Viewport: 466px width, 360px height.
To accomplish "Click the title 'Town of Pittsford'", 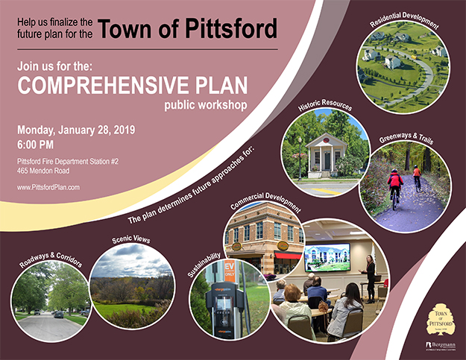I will point(188,29).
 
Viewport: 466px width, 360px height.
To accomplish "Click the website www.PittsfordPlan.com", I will point(48,187).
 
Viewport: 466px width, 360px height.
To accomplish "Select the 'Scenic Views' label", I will point(131,239).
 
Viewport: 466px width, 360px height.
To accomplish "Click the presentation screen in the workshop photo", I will point(328,256).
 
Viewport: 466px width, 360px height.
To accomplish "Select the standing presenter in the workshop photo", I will point(370,274).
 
